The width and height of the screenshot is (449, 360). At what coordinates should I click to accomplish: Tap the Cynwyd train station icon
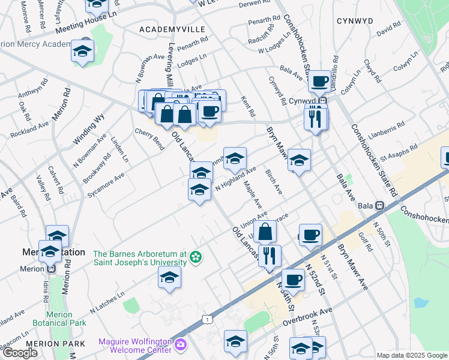322,101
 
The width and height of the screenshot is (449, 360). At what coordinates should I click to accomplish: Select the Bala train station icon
379,205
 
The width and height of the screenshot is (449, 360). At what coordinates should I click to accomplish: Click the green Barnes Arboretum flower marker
195,258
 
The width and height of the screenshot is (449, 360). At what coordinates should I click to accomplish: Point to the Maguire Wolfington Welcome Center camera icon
180,345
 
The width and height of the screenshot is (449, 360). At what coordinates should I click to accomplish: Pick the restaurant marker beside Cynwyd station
315,118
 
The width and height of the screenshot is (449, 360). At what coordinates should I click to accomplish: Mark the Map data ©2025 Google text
411,355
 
